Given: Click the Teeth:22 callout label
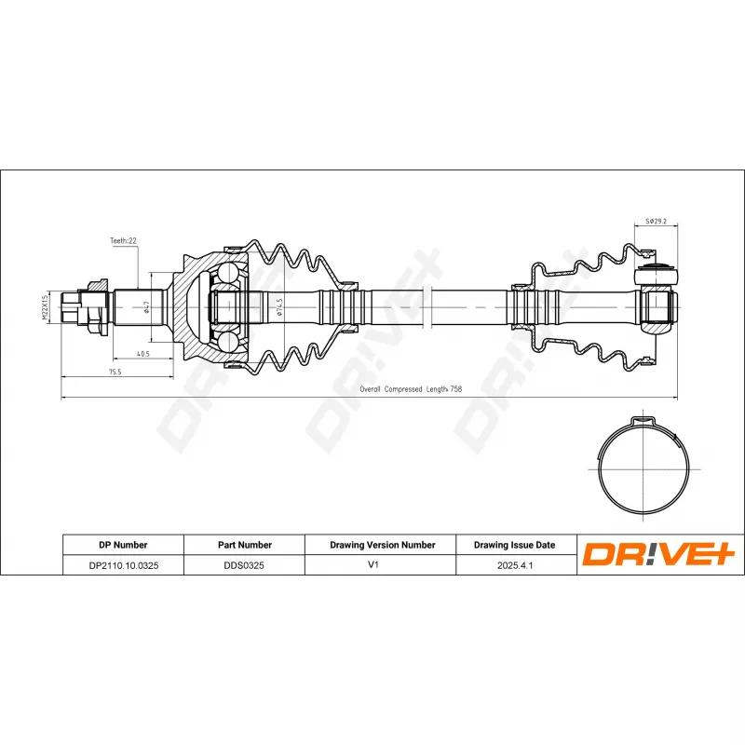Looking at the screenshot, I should (x=123, y=240).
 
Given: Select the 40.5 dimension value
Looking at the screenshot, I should (x=142, y=354).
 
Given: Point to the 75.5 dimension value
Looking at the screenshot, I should (x=115, y=372).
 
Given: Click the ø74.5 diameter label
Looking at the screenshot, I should (x=278, y=306).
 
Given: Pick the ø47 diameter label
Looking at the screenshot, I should (x=148, y=306).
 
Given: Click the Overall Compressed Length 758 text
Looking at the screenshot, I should (x=411, y=389).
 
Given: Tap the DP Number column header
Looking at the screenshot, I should (x=123, y=545).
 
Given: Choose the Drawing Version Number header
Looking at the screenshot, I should (x=382, y=545).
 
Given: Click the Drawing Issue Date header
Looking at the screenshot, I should (x=514, y=545).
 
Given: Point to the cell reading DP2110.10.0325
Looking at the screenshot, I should (x=123, y=565).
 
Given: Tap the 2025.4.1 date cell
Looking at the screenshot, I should (x=514, y=565).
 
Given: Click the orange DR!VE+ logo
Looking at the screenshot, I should (x=659, y=555).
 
